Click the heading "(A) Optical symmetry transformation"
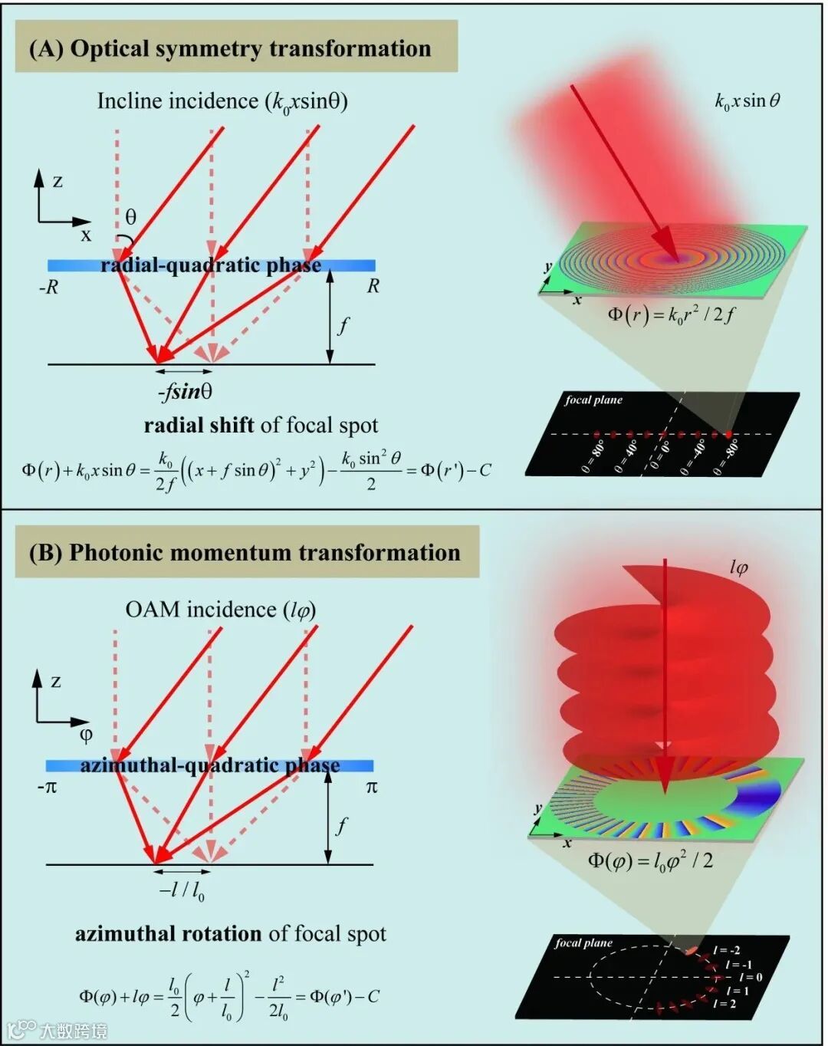point(230,48)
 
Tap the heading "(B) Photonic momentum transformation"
point(245,553)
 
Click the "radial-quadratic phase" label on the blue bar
point(211,265)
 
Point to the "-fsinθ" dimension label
point(185,391)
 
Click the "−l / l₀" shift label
point(182,890)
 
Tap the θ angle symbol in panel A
point(131,217)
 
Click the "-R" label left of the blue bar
point(48,288)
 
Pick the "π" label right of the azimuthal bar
point(371,787)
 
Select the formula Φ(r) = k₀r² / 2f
point(671,314)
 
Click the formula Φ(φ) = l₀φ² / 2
point(650,860)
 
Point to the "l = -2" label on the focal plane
point(726,950)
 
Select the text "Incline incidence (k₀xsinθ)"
point(222,101)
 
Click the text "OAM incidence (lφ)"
point(221,610)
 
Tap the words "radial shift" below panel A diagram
point(199,426)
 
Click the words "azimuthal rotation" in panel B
point(168,934)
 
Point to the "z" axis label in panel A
point(58,182)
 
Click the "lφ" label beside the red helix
point(738,567)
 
